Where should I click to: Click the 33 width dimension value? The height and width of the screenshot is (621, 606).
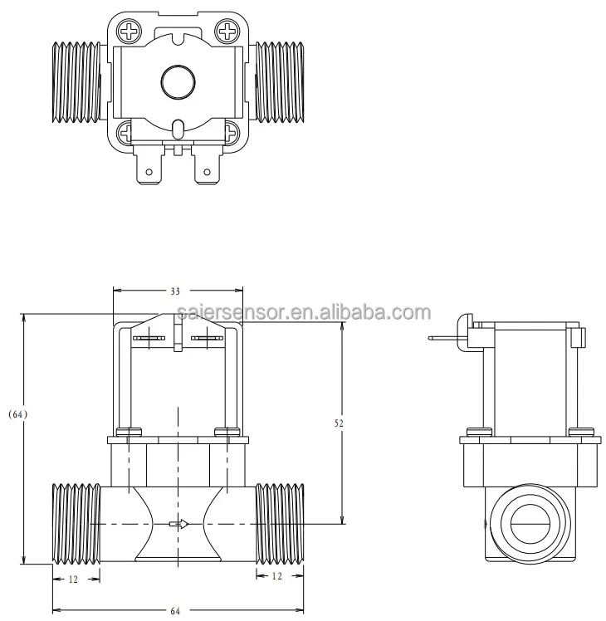[x=176, y=291]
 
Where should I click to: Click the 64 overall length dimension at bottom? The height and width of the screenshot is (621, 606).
[x=176, y=612]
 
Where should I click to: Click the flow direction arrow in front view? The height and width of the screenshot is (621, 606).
[x=178, y=523]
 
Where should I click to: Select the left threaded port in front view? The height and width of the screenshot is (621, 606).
[x=76, y=523]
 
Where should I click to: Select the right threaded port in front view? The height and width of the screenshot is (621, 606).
[x=280, y=523]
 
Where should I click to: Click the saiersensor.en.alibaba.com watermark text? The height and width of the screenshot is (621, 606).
[x=304, y=313]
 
